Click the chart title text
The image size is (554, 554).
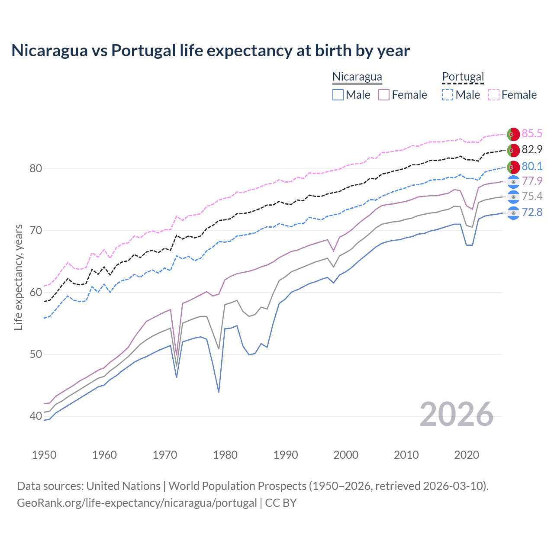[210, 51]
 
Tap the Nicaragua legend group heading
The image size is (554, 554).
[357, 77]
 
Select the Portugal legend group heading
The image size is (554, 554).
[463, 77]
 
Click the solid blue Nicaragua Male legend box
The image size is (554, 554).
[338, 95]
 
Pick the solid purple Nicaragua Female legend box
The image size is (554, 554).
[384, 95]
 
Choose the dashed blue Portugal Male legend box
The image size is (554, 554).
[448, 95]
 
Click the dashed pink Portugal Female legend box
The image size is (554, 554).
[494, 95]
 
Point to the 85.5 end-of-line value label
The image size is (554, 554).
[532, 133]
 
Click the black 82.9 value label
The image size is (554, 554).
[532, 150]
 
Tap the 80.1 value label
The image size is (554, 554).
[532, 166]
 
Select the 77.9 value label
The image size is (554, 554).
[532, 181]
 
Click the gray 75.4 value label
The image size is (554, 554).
[532, 196]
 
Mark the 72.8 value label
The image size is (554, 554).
[532, 212]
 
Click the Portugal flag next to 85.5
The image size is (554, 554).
[513, 134]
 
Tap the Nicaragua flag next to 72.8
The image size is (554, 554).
[513, 213]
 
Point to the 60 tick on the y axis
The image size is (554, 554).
[35, 292]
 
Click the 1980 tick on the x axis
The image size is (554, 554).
[225, 455]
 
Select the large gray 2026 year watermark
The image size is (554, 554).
[457, 414]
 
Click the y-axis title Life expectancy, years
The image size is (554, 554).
[18, 277]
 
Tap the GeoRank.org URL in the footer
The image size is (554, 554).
[137, 503]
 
